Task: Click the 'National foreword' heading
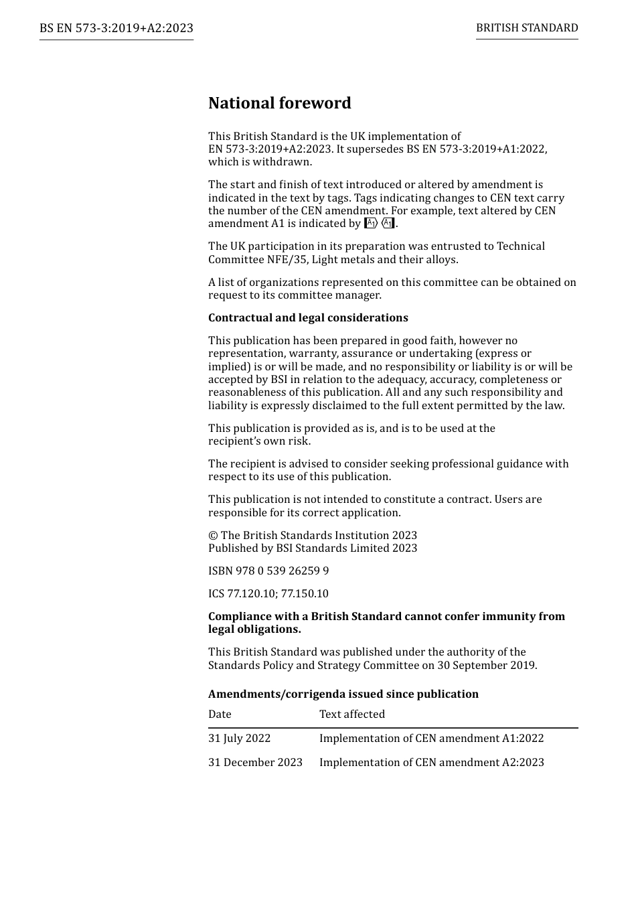click(x=279, y=103)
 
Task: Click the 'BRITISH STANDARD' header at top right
click(x=527, y=28)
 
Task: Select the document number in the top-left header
click(x=116, y=28)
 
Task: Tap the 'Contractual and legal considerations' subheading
click(x=308, y=318)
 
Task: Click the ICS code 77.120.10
click(x=251, y=594)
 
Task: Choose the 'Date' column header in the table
click(x=220, y=715)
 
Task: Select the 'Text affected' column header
click(x=352, y=715)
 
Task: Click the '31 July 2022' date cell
click(x=239, y=739)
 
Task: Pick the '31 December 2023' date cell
click(x=255, y=763)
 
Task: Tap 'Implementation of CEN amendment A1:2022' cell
click(x=431, y=739)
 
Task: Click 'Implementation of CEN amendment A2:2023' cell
click(x=431, y=763)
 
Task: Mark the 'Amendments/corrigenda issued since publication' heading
click(x=343, y=694)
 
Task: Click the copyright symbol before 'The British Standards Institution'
click(x=213, y=536)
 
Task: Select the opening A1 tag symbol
click(x=371, y=224)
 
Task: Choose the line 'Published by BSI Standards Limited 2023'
click(x=312, y=548)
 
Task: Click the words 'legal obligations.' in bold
click(x=254, y=629)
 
